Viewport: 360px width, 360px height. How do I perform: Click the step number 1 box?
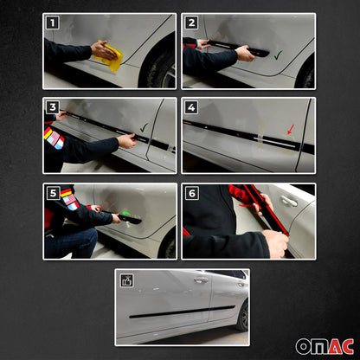[x=53, y=23]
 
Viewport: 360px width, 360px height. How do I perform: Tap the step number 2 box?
[x=191, y=23]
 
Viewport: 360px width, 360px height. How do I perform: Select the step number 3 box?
[x=53, y=107]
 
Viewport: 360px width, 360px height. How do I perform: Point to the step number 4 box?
[x=191, y=107]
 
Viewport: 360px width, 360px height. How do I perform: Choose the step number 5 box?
[x=53, y=192]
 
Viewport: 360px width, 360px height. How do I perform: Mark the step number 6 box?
[x=191, y=192]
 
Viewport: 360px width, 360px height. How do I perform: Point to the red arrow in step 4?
[x=290, y=130]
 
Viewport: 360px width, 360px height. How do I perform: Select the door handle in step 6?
[x=289, y=201]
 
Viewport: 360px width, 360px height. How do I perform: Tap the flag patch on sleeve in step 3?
[x=55, y=138]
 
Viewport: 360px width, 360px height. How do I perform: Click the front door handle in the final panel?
[x=201, y=281]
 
